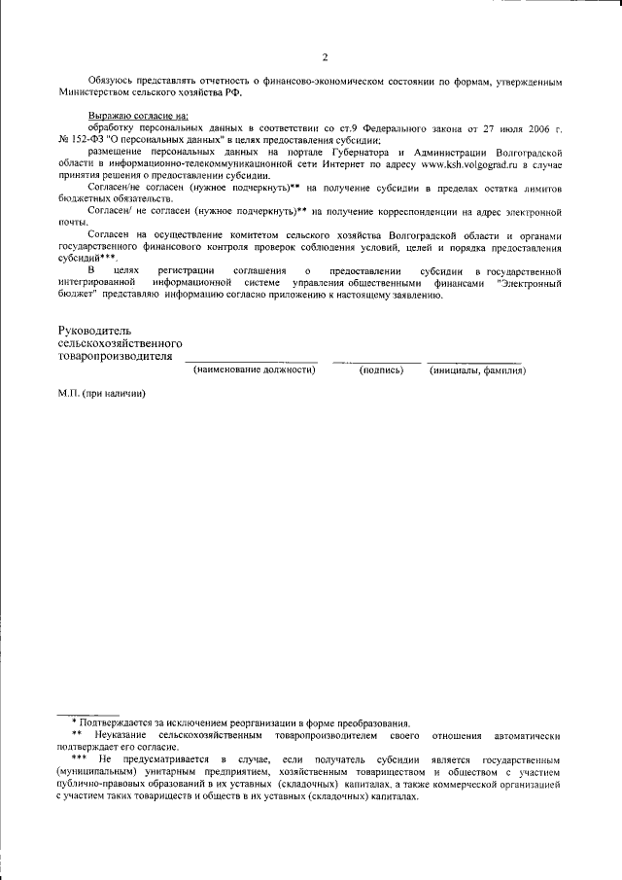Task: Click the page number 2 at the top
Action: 326,56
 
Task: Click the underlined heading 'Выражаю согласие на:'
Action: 138,116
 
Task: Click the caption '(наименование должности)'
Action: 255,370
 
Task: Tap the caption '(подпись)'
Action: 381,370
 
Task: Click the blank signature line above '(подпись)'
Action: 376,362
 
